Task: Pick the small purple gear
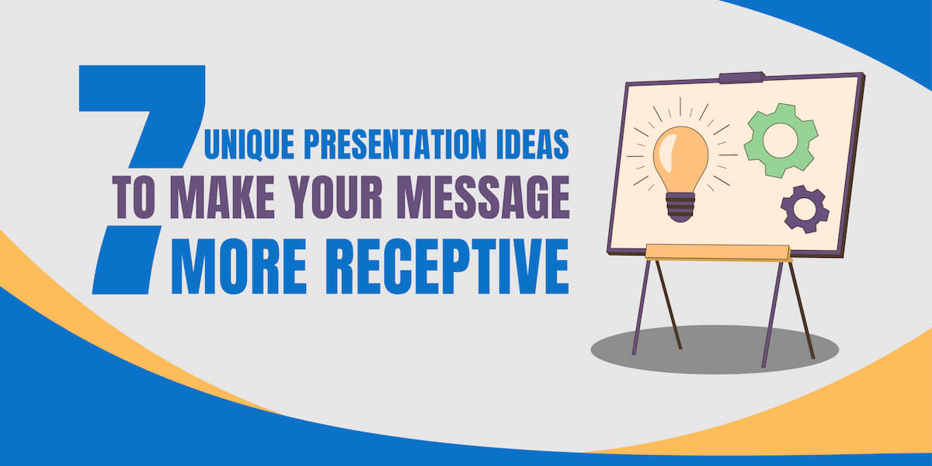click(804, 208)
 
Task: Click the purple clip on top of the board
click(742, 78)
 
